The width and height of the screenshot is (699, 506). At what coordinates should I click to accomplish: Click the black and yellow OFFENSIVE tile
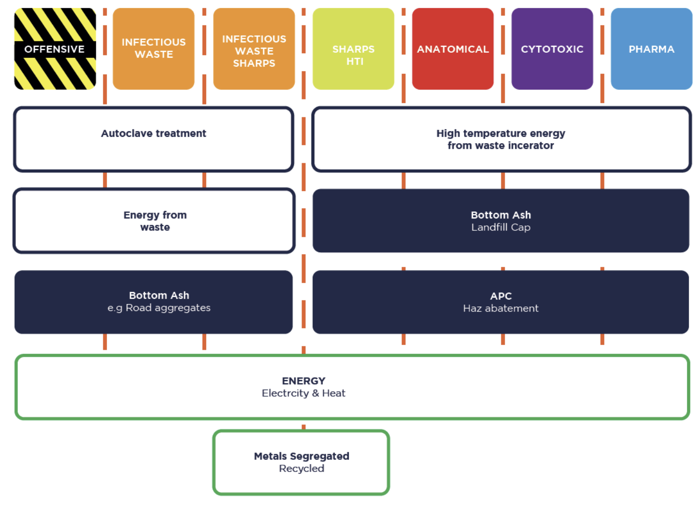point(55,49)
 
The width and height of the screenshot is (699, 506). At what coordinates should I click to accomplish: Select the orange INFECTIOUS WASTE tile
point(154,49)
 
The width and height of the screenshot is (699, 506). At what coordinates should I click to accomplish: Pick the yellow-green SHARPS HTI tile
point(353,49)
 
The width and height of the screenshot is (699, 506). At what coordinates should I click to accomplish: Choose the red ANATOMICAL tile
point(453,49)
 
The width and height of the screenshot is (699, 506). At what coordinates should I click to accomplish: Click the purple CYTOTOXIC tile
point(552,49)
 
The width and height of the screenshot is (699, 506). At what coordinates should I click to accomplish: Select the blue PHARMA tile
point(651,49)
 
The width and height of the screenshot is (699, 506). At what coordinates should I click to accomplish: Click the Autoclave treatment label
point(154,133)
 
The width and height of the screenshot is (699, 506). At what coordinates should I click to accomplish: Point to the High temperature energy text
point(500,133)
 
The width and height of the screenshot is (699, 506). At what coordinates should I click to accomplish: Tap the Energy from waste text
point(155,221)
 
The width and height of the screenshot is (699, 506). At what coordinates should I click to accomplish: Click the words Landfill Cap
point(501,227)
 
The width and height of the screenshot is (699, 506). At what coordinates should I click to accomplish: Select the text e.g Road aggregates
point(159,308)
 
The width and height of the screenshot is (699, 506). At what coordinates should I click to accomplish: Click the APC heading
point(501,296)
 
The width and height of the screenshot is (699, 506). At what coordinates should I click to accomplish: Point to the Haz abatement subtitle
point(501,308)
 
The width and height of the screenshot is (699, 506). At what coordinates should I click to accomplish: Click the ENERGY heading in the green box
point(304,381)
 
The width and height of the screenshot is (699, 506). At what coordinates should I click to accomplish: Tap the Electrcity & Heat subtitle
point(304,393)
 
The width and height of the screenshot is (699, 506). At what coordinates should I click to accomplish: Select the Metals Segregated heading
point(302,456)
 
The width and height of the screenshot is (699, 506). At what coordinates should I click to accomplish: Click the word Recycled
point(302,469)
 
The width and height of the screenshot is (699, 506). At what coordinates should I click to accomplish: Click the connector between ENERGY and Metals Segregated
point(304,426)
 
